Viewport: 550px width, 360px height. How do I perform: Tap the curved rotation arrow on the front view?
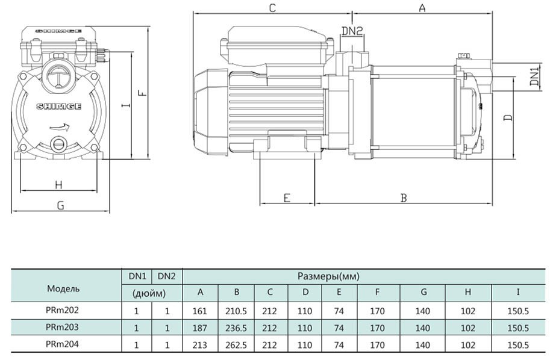tap(61, 128)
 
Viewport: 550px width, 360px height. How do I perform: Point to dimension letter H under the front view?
tap(58, 184)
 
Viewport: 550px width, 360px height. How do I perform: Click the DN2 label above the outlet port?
tap(352, 30)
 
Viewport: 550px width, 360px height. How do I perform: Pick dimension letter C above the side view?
tap(272, 8)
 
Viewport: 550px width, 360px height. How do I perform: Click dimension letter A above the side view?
tap(422, 8)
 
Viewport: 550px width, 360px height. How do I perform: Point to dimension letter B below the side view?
tap(404, 197)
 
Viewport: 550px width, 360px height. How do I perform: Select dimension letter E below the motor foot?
tap(287, 197)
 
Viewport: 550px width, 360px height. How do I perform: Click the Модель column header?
tap(63, 288)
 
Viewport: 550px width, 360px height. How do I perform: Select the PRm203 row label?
tap(63, 327)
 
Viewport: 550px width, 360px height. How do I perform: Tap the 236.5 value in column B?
tap(237, 328)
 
